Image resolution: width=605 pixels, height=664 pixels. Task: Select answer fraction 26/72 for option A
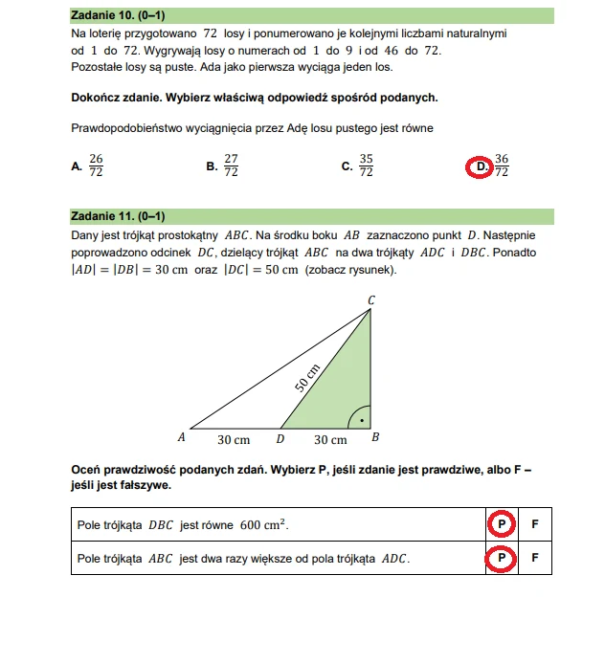point(96,166)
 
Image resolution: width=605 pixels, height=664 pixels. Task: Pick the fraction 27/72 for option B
point(231,166)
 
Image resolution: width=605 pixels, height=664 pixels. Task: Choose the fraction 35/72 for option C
point(366,166)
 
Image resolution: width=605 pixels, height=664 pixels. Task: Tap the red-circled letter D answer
point(481,166)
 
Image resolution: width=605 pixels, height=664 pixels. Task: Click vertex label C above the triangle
point(371,300)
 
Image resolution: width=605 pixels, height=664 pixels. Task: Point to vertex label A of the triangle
point(181,438)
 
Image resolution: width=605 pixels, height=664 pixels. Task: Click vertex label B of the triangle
point(375,438)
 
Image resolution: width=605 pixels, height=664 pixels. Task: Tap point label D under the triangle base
point(280,439)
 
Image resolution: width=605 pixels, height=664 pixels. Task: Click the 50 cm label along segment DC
point(306,376)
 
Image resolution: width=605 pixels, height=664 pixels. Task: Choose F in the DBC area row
point(535,525)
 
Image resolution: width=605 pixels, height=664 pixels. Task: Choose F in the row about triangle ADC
point(535,558)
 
